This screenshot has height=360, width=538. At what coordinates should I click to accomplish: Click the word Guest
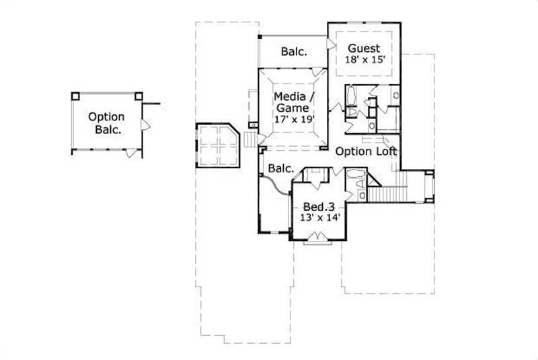(x=364, y=48)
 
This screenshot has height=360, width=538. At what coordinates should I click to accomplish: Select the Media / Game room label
(x=292, y=102)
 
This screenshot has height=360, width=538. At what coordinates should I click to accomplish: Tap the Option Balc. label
(x=106, y=124)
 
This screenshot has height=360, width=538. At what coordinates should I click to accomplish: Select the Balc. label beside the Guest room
(x=294, y=51)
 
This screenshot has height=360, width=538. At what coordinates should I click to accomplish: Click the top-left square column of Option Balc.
(x=76, y=95)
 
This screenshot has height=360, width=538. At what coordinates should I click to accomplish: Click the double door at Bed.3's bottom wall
(x=316, y=237)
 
